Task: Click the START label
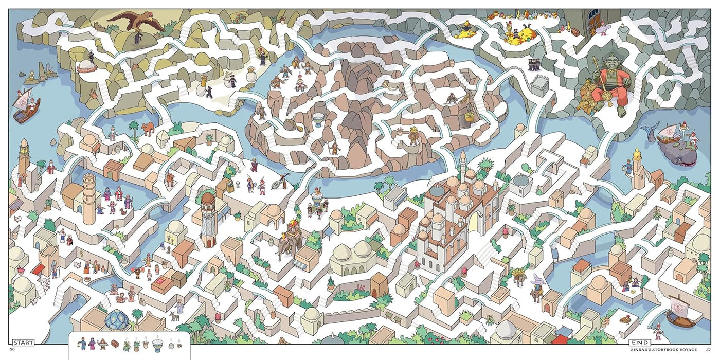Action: (x=23, y=343)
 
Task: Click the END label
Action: (x=640, y=343)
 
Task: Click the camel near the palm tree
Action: (x=148, y=128)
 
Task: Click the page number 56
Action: (x=12, y=350)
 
